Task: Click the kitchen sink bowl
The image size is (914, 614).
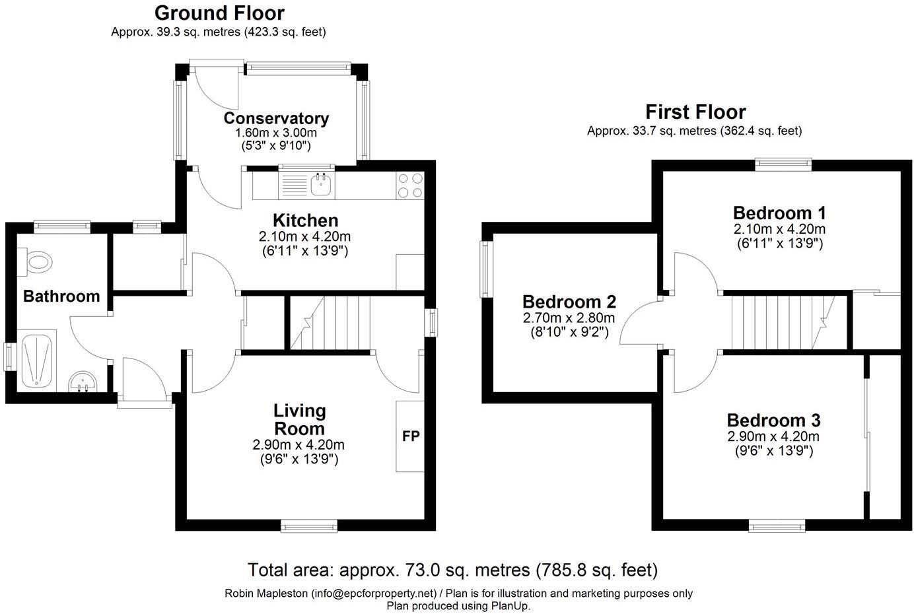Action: (322, 184)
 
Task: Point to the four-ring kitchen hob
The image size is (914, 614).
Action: (410, 186)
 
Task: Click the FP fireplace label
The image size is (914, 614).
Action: (411, 436)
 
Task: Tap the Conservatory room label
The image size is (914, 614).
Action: (276, 118)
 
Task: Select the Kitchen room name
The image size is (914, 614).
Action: (306, 221)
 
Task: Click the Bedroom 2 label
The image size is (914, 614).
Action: (569, 302)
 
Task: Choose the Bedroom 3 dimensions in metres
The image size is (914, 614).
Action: (773, 436)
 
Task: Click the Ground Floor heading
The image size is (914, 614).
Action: (219, 13)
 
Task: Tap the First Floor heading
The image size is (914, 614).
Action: (695, 112)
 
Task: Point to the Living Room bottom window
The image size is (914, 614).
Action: (309, 526)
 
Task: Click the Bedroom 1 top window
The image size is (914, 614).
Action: (783, 164)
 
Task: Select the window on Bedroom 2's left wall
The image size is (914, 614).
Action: (485, 269)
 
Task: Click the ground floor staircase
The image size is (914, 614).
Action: (330, 323)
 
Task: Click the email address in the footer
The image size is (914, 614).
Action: (374, 593)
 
